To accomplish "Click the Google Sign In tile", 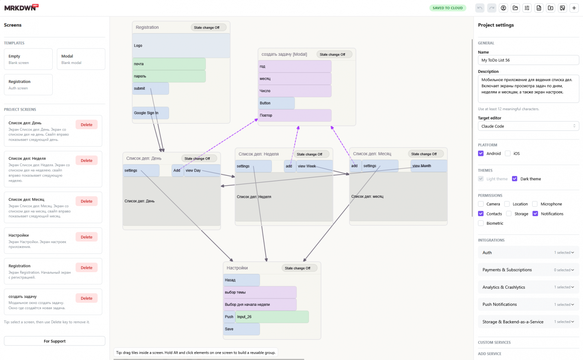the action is [151, 113].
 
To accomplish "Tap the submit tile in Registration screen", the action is [151, 88].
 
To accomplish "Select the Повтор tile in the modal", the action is [294, 115].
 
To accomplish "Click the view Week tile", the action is [314, 166].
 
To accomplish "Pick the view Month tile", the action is [429, 166].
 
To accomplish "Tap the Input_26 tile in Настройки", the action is [272, 317].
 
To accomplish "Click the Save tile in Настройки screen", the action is [241, 329].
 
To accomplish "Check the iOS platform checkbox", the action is [508, 153].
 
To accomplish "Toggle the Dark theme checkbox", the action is [515, 179].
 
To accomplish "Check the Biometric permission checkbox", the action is [481, 223].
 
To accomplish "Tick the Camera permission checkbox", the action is [481, 204].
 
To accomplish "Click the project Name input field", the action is [528, 60].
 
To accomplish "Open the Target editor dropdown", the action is [528, 126].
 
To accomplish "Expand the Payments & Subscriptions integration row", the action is [528, 270].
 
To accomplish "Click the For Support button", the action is [55, 341].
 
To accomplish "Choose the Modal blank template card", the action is [81, 59].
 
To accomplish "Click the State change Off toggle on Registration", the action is [209, 27].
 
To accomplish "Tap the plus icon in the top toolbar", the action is [574, 8].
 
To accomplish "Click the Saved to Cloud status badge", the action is [448, 8].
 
